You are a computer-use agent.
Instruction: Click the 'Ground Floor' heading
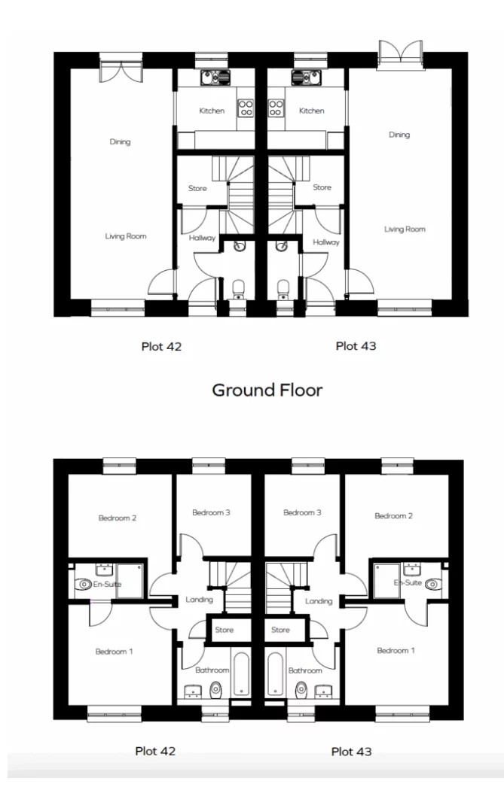coord(267,390)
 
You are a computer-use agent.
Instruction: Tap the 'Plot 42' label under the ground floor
coord(161,347)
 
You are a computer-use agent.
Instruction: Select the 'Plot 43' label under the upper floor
coord(351,751)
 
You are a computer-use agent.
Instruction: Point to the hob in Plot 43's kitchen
coord(276,108)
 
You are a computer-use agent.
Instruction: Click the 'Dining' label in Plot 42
coord(120,141)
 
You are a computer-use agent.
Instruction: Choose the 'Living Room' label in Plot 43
coord(405,229)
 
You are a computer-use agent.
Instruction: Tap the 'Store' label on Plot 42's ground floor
coord(197,188)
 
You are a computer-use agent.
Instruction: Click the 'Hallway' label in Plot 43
coord(326,242)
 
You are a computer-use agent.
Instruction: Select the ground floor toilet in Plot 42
coord(239,289)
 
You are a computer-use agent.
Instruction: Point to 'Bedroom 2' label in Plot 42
coord(117,518)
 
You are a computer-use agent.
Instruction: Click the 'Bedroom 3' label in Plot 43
coord(302,512)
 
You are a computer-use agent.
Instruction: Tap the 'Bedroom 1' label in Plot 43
coord(396,650)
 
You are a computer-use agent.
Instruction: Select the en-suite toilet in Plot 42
coord(84,583)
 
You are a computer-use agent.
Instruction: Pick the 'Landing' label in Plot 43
coord(319,600)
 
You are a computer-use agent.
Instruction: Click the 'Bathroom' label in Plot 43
coord(305,670)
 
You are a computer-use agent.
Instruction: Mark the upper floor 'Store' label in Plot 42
coord(224,630)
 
